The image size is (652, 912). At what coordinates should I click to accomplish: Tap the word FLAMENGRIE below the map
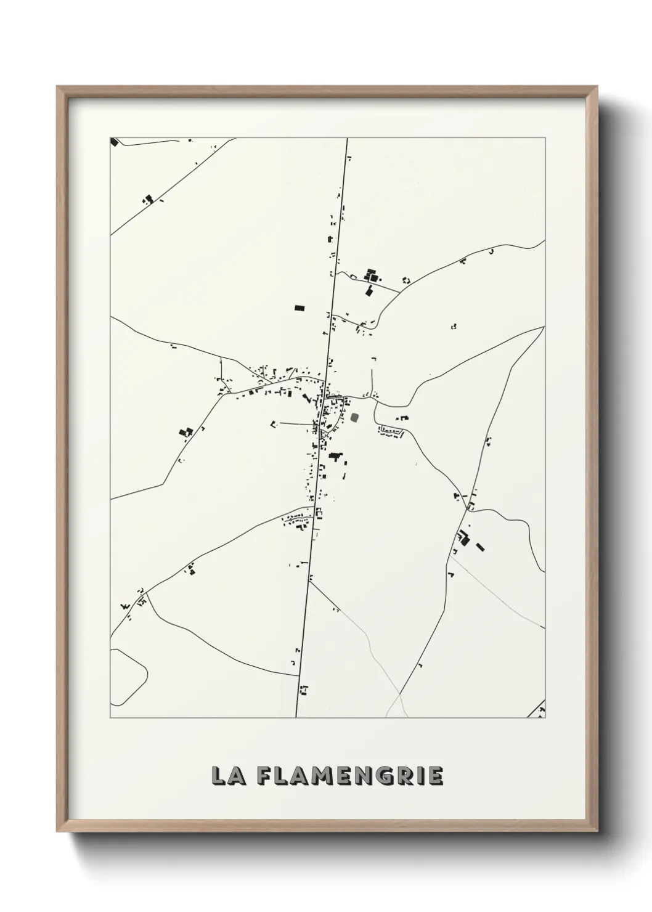point(349,776)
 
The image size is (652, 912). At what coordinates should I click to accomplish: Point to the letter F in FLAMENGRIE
point(263,776)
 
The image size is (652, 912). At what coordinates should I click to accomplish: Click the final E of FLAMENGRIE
point(435,776)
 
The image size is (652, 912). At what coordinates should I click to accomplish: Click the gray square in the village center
point(354,418)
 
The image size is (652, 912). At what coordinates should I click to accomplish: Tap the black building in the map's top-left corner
point(114,142)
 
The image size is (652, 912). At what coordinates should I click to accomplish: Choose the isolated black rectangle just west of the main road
point(300,306)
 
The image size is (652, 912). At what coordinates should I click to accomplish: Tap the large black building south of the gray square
point(335,457)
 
